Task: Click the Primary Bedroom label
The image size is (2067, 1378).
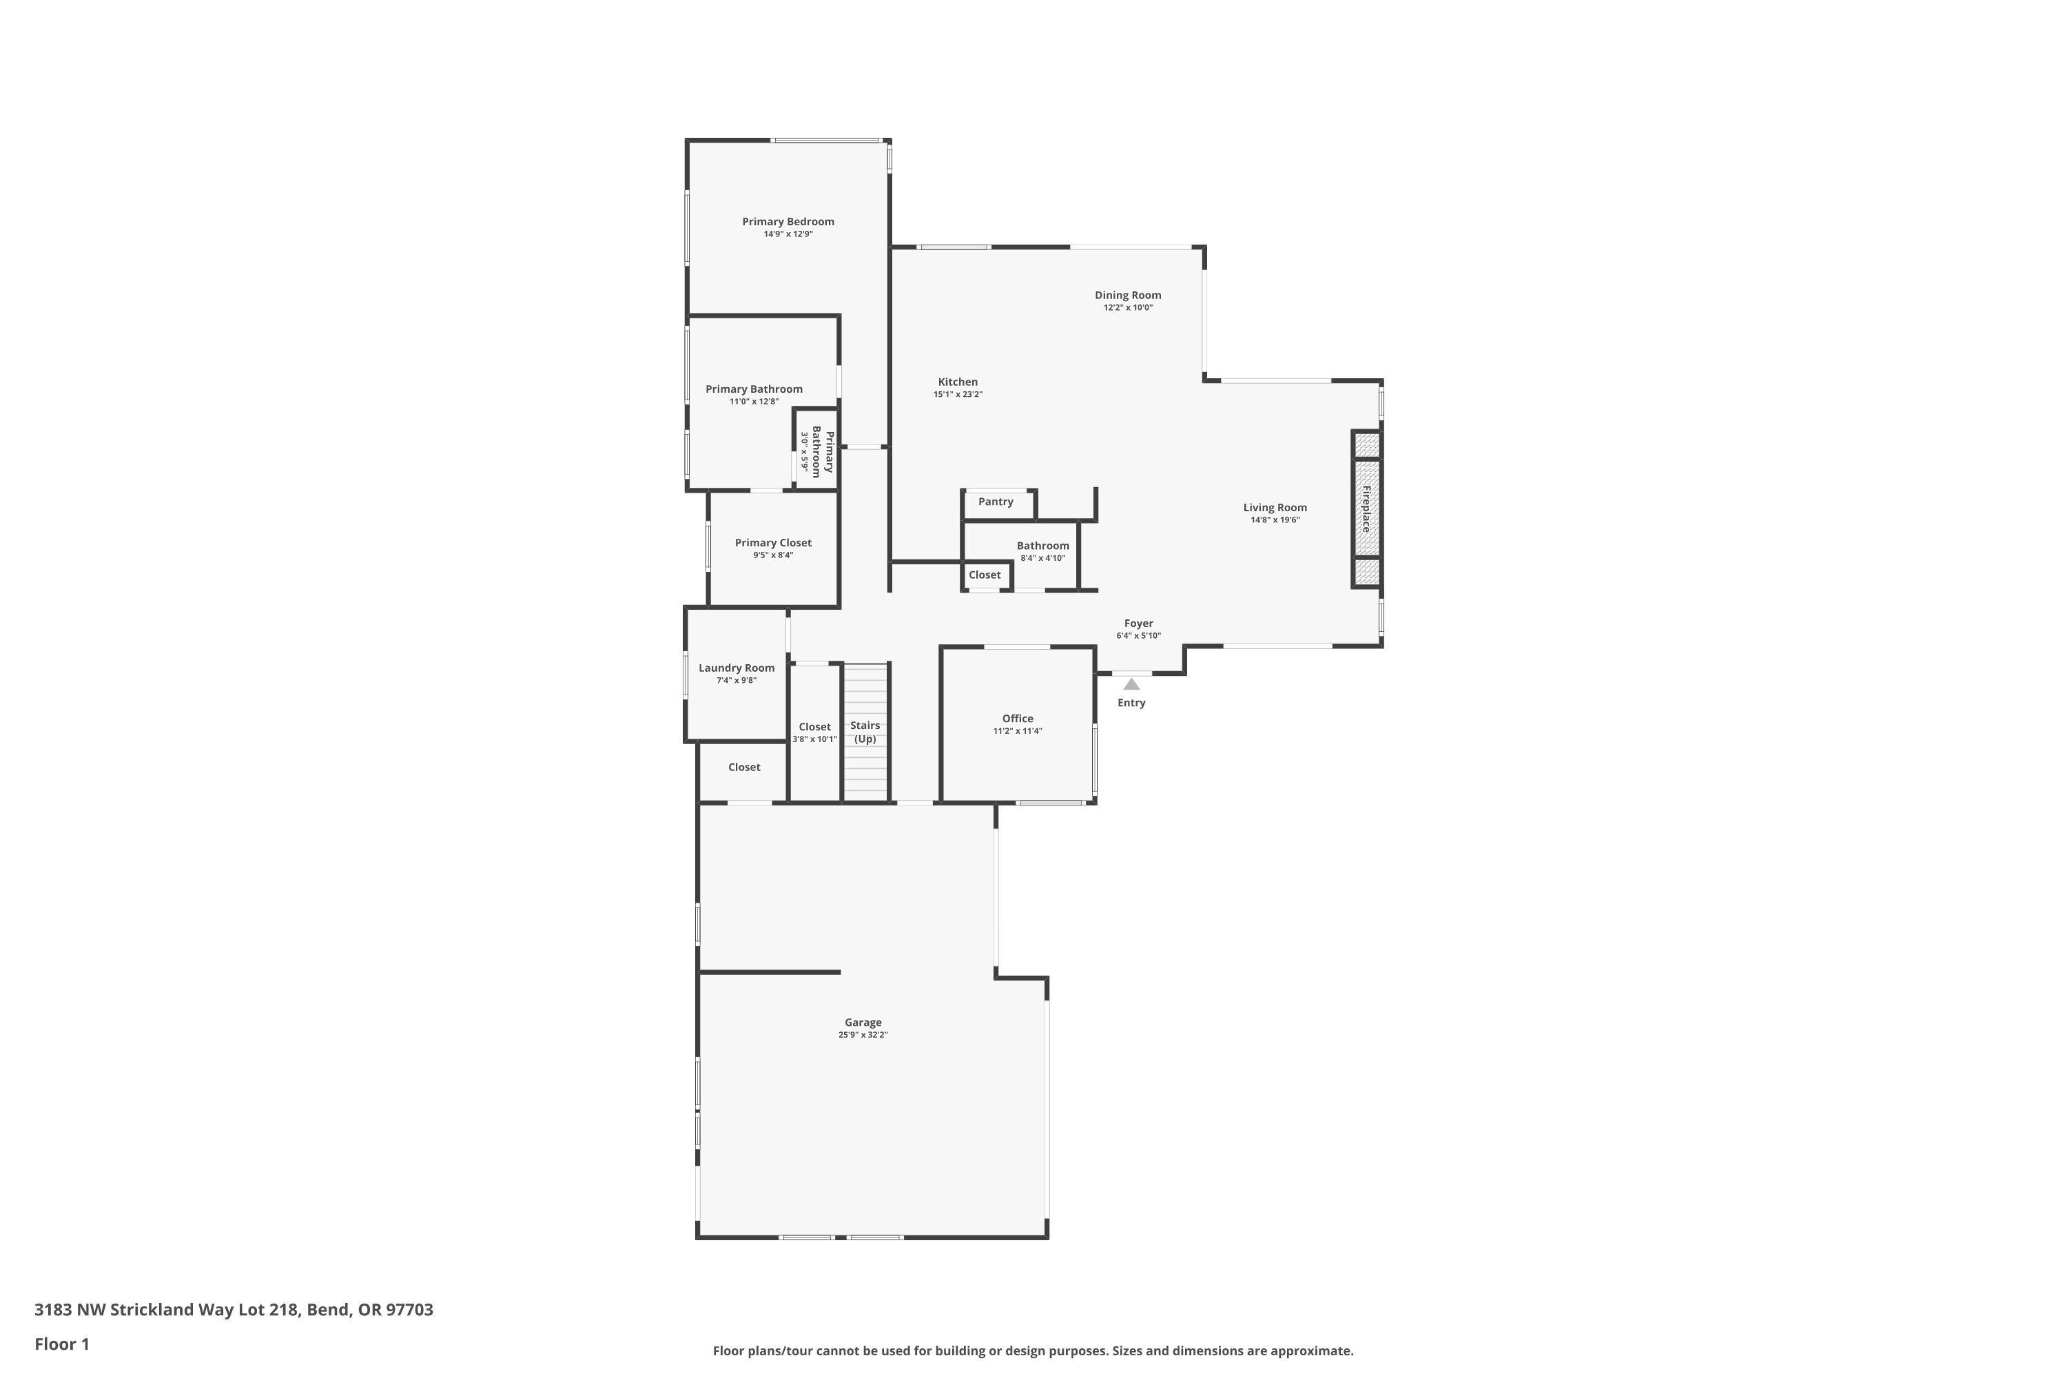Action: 788,221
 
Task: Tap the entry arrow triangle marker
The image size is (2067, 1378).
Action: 1131,683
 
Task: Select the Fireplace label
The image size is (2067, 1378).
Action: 1366,509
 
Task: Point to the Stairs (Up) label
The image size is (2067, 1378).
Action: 865,731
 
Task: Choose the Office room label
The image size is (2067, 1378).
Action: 1017,719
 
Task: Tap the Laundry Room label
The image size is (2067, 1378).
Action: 737,668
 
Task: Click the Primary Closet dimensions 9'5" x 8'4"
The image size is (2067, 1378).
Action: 772,555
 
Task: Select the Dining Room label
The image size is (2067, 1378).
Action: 1127,296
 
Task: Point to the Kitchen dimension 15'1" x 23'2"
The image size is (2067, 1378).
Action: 957,395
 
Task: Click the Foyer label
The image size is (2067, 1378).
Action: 1138,623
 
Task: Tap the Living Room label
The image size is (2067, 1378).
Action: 1274,507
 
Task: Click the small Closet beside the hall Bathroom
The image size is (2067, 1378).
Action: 985,575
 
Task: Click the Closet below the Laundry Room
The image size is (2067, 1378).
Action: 743,768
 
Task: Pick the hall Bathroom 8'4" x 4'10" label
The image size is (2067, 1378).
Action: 1042,546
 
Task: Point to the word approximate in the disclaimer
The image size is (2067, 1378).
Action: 1306,1350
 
